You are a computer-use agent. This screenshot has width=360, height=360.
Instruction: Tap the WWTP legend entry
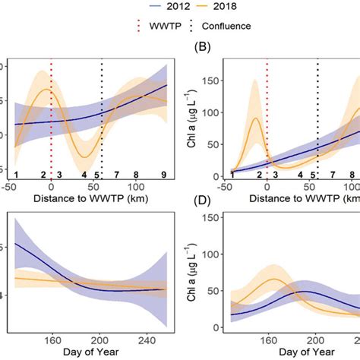coord(150,25)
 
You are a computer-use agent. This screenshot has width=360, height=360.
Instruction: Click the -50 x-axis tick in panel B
coord(225,186)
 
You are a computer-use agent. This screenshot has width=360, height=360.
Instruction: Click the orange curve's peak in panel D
coord(272,279)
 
